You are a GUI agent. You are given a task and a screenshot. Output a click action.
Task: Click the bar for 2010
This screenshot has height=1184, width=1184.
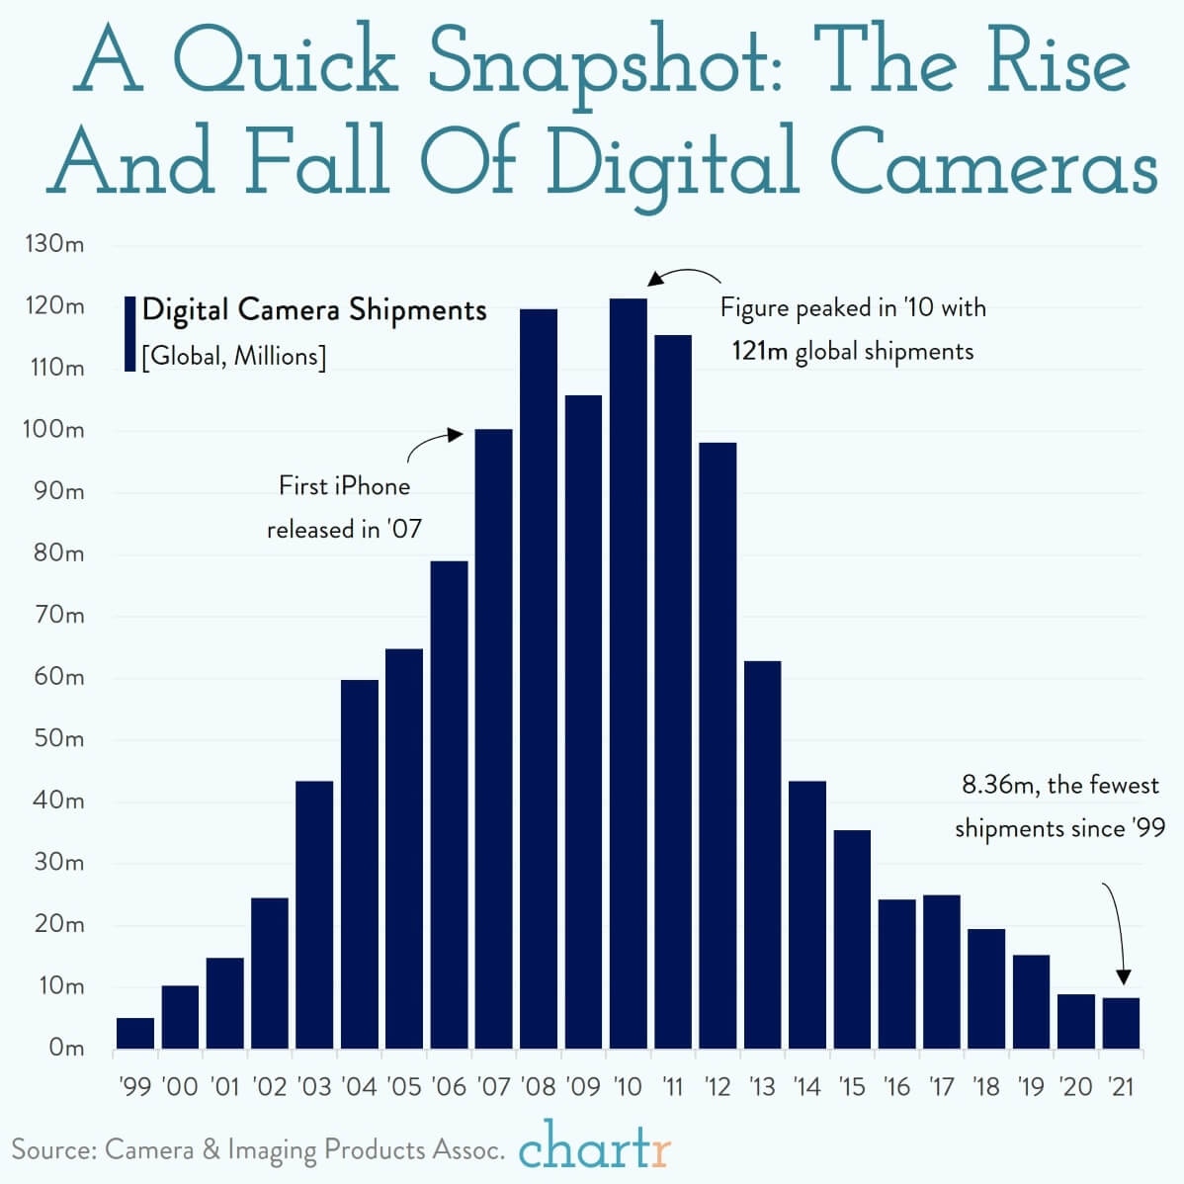click(x=628, y=672)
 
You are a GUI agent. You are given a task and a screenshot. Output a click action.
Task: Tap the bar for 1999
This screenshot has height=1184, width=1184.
click(x=135, y=1033)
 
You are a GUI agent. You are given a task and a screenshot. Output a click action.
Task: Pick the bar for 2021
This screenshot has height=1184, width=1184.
click(x=1121, y=1023)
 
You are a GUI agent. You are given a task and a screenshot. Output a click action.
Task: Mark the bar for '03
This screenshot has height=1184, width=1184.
click(x=314, y=914)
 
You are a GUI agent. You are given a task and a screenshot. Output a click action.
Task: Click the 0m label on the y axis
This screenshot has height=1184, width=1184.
click(x=66, y=1048)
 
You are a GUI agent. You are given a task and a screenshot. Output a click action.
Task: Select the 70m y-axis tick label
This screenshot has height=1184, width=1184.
click(x=58, y=616)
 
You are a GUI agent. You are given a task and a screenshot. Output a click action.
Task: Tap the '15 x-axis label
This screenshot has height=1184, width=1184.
click(x=852, y=1087)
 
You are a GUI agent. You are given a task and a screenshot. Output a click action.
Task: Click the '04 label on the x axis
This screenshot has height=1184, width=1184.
click(x=359, y=1087)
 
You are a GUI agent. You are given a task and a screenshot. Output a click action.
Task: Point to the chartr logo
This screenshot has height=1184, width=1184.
click(x=595, y=1148)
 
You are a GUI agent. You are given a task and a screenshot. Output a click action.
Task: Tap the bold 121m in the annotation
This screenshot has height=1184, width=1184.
click(x=759, y=352)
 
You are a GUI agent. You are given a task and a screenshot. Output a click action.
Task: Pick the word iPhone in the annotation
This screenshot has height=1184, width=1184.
click(x=373, y=486)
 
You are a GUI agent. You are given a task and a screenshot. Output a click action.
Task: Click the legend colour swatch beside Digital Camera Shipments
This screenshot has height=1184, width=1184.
click(x=129, y=333)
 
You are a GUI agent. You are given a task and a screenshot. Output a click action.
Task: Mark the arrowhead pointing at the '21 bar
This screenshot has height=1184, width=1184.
click(x=1123, y=977)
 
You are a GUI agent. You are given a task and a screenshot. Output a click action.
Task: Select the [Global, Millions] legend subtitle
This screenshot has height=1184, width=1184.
click(x=233, y=356)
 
